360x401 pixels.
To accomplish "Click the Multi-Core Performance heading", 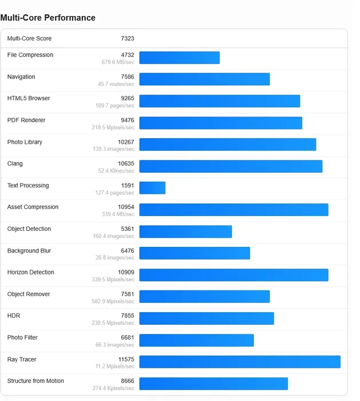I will pos(48,18).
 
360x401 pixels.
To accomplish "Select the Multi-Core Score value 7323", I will pos(127,38).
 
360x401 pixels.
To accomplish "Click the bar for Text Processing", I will pos(152,188).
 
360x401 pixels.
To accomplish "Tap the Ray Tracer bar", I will pos(240,362).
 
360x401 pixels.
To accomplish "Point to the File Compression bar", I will pos(179,57).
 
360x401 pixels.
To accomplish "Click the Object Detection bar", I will pos(185,231).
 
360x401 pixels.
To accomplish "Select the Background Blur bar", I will pos(195,253).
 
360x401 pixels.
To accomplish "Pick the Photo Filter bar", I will pos(196,340).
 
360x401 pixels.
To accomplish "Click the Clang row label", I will pos(15,164).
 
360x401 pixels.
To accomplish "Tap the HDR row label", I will pos(14,316).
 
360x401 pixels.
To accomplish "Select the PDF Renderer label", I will pos(26,120).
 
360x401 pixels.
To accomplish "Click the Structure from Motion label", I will pos(35,381).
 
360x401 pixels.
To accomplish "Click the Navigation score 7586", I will pos(127,77).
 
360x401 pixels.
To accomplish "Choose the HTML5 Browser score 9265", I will pos(127,99).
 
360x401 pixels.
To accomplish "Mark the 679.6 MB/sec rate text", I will pos(118,62).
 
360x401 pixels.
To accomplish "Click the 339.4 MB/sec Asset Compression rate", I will pos(118,214).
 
